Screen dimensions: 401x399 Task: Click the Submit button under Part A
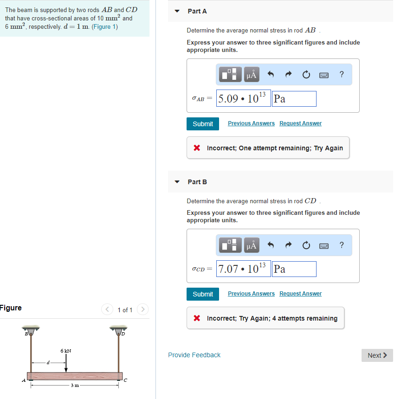tap(203, 124)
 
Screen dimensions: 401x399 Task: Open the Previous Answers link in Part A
tap(251, 123)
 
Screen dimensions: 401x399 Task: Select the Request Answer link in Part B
tap(300, 294)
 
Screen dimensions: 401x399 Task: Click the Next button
tap(377, 355)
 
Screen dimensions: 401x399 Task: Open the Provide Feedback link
tap(194, 355)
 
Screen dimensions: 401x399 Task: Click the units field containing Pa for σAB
tap(294, 99)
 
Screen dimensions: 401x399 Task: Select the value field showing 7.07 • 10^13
tap(244, 269)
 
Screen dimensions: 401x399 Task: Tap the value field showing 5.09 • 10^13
tap(244, 98)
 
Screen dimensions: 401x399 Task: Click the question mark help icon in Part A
tap(342, 74)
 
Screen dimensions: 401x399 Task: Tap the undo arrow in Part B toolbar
tap(271, 245)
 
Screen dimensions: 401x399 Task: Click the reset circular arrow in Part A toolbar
tap(306, 74)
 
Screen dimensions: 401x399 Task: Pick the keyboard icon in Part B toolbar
tap(324, 246)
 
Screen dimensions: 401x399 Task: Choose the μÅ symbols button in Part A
tap(252, 75)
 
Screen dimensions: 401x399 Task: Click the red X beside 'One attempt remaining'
tap(197, 148)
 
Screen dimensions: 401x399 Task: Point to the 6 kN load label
tap(66, 351)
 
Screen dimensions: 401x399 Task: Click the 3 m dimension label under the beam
tap(75, 385)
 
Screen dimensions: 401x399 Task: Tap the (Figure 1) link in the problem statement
tap(104, 27)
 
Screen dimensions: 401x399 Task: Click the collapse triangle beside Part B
tap(177, 182)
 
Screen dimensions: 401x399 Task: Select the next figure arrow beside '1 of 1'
tap(142, 309)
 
